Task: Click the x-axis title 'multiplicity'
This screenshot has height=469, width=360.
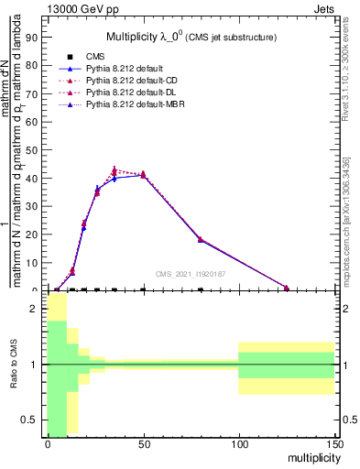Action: click(x=310, y=456)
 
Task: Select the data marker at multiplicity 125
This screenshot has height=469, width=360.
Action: click(x=287, y=289)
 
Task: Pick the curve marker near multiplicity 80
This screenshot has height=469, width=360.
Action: click(x=201, y=239)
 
